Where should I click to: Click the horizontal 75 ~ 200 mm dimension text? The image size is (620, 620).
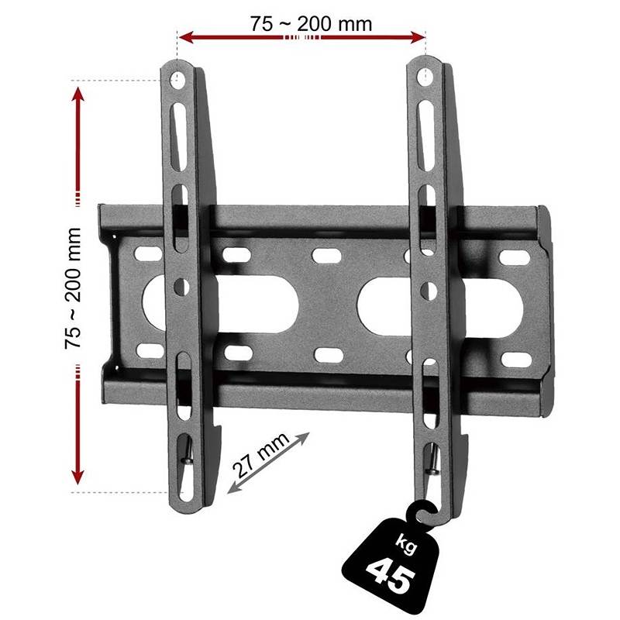point(311,24)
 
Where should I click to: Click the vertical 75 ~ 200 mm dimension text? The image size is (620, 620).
point(73,288)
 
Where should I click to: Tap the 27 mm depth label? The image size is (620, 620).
point(260,456)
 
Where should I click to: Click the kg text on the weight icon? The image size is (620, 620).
point(405,546)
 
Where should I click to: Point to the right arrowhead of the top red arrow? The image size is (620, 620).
point(418,37)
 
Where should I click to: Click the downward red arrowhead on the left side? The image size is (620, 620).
point(78,477)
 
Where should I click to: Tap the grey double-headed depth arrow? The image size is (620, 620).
point(268,463)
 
